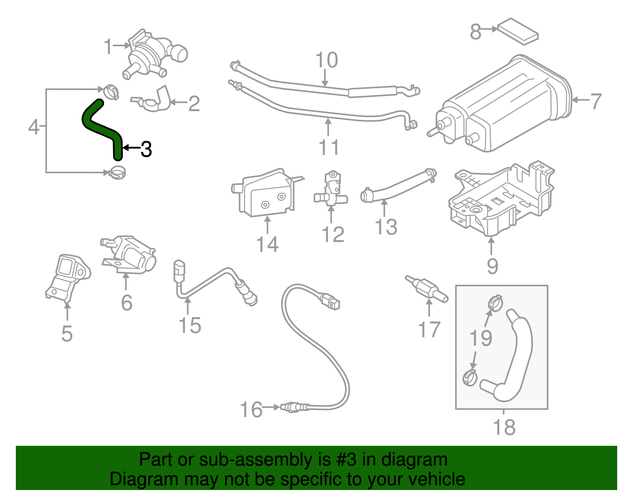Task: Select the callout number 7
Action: click(x=595, y=101)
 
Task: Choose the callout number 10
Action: click(x=326, y=61)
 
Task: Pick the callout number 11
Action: click(x=329, y=148)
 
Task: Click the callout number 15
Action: click(x=190, y=326)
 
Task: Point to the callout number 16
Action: click(x=252, y=410)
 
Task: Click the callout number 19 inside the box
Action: click(x=481, y=339)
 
